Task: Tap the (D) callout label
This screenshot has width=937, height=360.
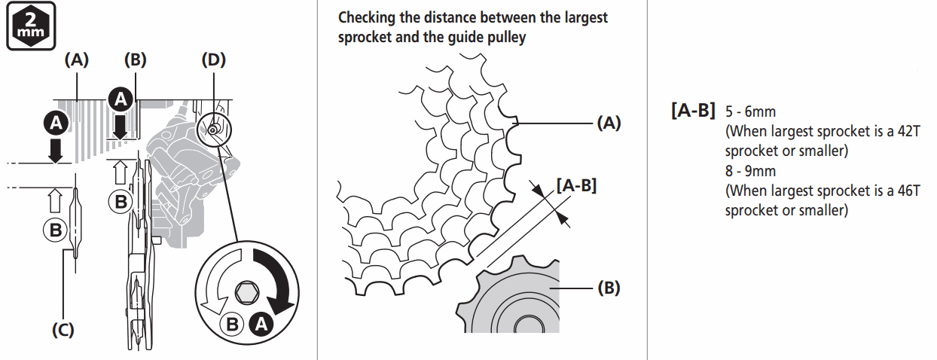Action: pyautogui.click(x=214, y=60)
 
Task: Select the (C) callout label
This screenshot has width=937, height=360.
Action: pyautogui.click(x=63, y=329)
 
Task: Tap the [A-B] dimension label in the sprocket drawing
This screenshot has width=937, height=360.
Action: pyautogui.click(x=576, y=184)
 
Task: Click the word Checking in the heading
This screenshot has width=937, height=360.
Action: pyautogui.click(x=365, y=17)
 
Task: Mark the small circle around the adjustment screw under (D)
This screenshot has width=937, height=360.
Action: pyautogui.click(x=214, y=130)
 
